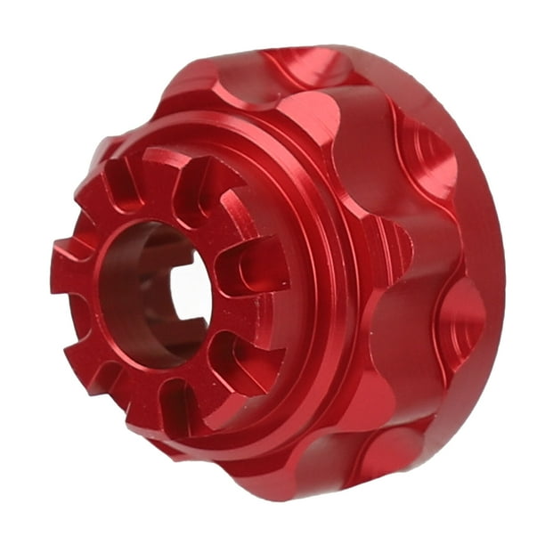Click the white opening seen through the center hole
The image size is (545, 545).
(x=190, y=293)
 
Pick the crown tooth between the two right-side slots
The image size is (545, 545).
(x=258, y=307)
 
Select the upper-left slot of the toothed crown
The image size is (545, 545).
(x=116, y=183)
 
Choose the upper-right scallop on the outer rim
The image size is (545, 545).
(x=427, y=156)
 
